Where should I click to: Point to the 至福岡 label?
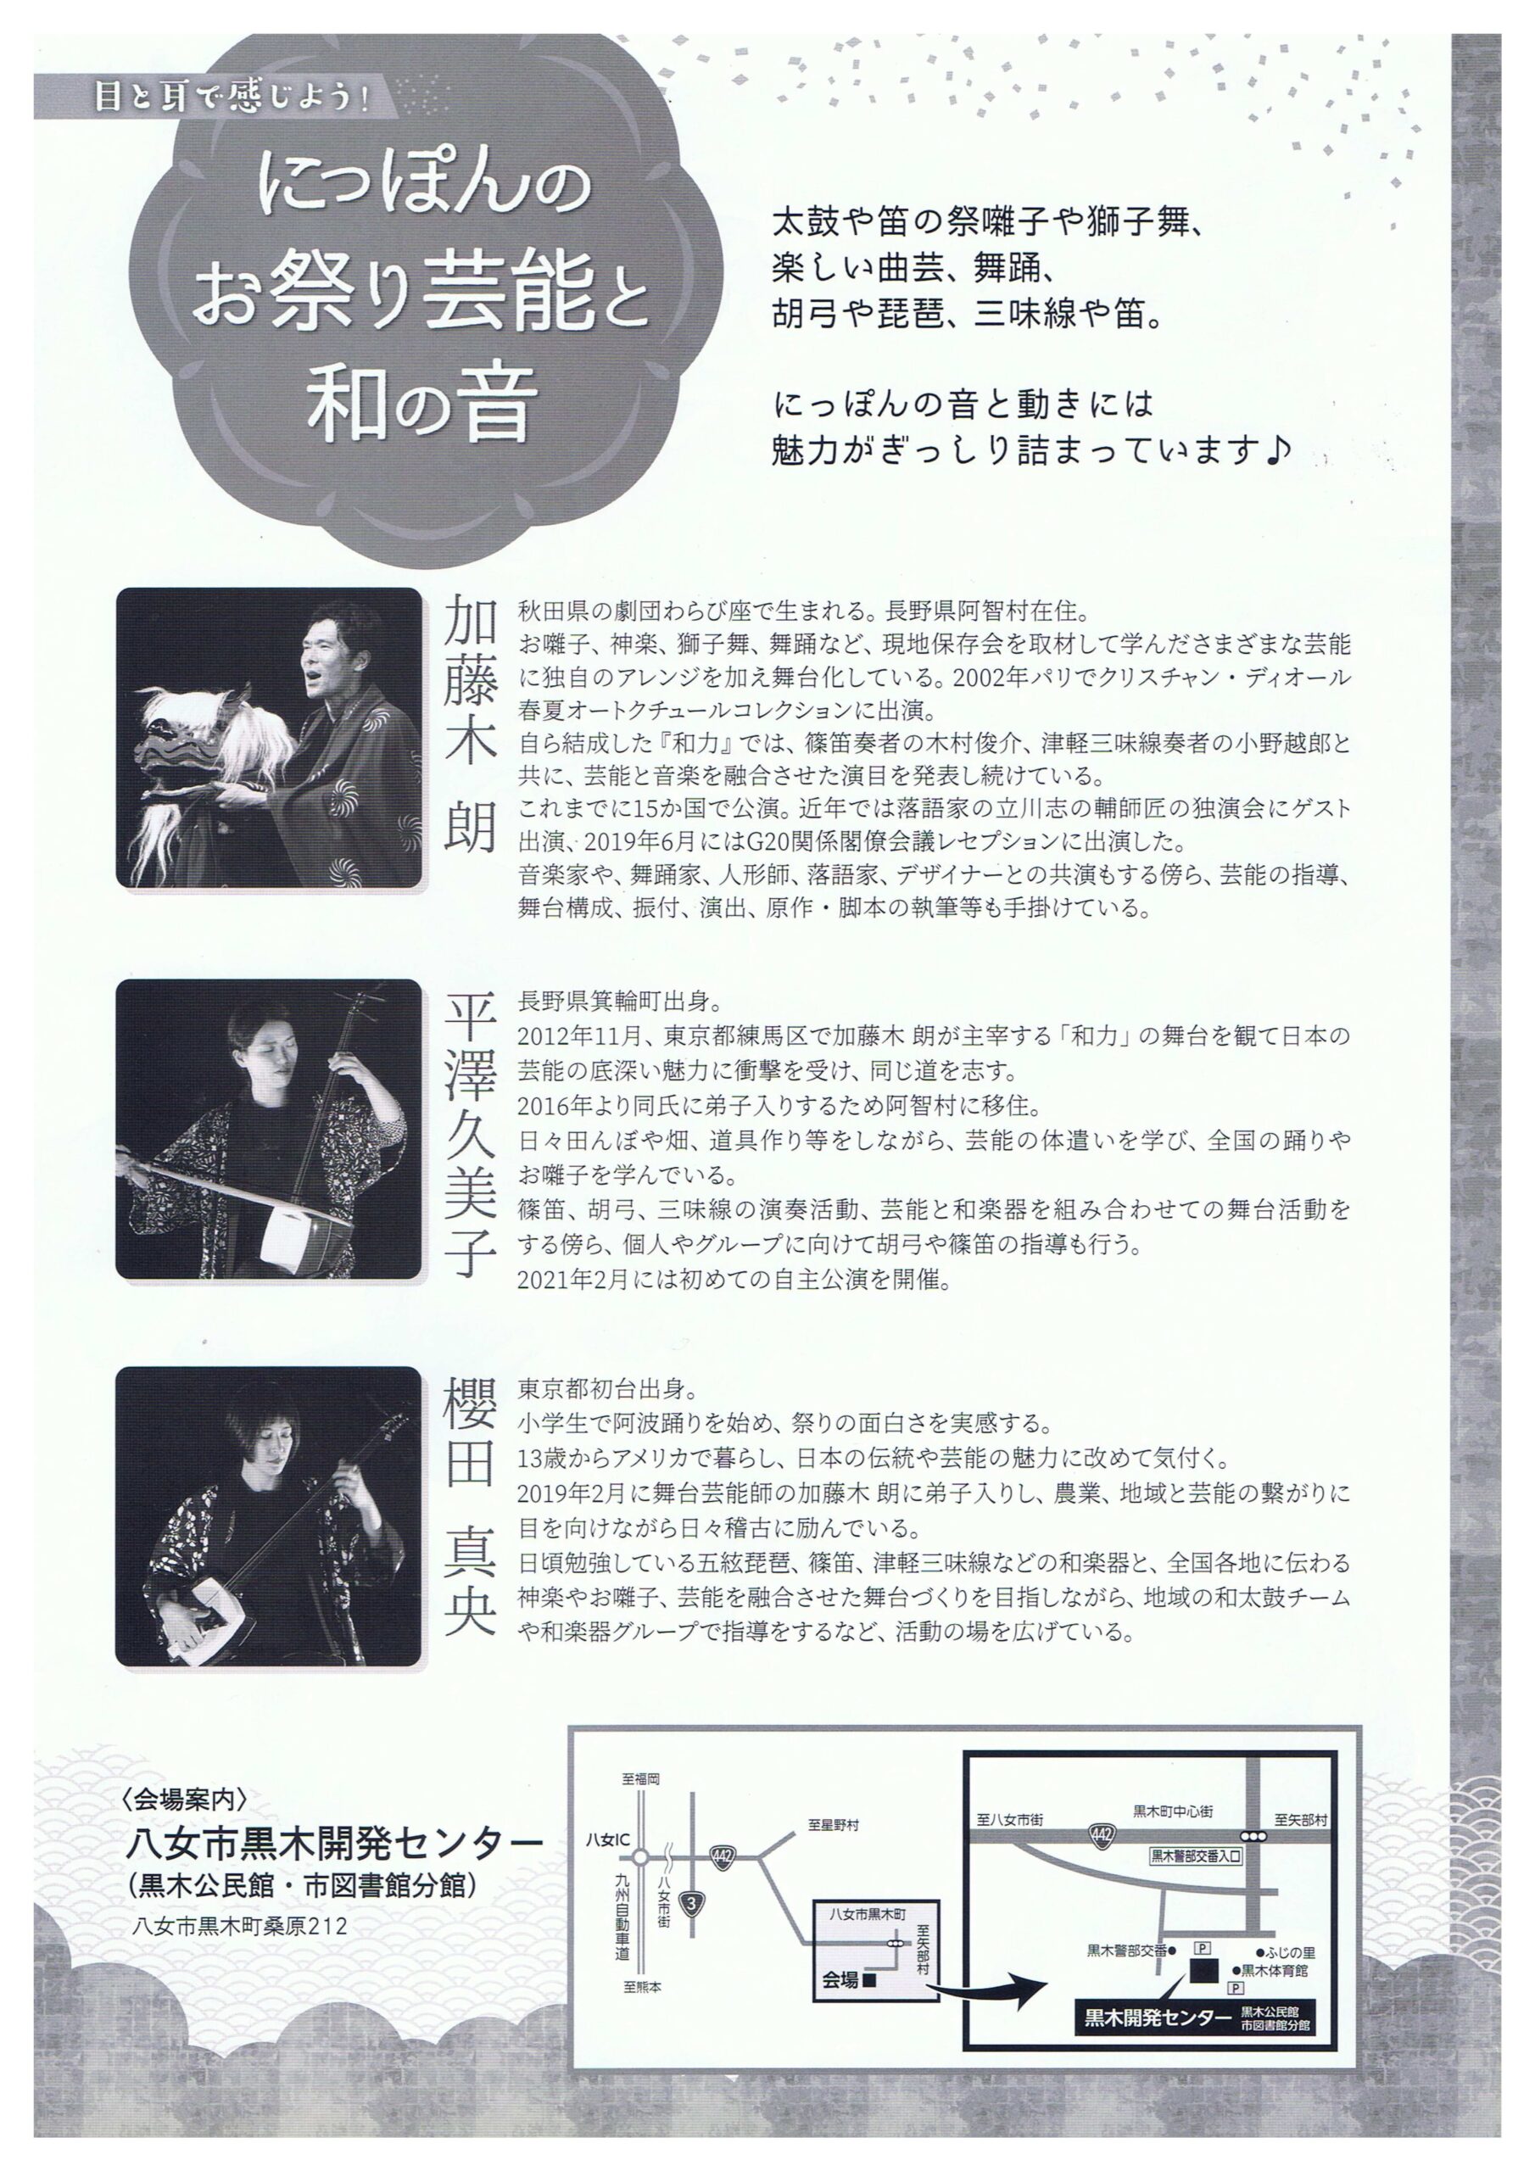(640, 1778)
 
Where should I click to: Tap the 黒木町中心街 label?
(1173, 1811)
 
